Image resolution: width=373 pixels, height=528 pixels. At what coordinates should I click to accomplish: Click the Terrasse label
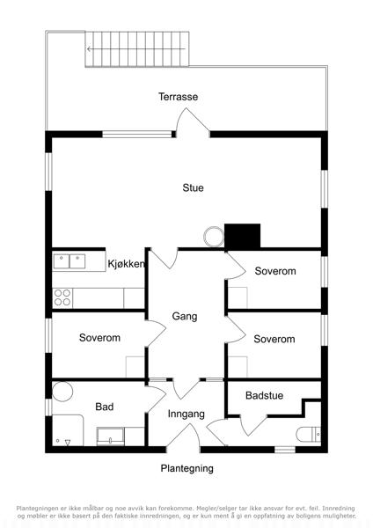178,97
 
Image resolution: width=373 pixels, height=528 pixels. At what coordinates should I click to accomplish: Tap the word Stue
193,187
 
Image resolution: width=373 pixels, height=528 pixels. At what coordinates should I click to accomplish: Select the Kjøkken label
127,264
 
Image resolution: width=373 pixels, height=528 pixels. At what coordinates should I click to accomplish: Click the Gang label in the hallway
185,316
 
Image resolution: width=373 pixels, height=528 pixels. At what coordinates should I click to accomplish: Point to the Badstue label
264,395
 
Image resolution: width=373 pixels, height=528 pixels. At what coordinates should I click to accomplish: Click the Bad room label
105,407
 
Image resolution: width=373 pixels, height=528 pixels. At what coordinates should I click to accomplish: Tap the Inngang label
186,414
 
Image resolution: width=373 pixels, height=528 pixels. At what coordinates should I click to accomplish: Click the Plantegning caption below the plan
186,468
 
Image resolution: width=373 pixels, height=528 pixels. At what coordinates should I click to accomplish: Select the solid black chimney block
243,237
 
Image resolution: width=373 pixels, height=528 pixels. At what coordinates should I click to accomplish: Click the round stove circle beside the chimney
214,237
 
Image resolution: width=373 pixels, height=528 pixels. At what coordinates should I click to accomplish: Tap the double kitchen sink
69,261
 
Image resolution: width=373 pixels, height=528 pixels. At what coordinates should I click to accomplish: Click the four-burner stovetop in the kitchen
62,297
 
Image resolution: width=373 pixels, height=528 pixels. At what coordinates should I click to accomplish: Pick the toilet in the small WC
309,435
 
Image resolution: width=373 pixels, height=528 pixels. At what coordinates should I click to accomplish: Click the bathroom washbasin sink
111,436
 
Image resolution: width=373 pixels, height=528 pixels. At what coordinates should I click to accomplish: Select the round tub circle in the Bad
62,392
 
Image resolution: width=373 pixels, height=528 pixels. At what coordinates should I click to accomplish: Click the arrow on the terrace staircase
136,49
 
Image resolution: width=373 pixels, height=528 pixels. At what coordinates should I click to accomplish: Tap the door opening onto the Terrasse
193,123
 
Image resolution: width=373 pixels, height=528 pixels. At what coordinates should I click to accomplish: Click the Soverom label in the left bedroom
99,338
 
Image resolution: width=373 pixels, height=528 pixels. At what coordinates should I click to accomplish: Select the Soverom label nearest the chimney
275,271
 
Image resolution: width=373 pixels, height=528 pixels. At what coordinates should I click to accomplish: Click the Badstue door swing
253,426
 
